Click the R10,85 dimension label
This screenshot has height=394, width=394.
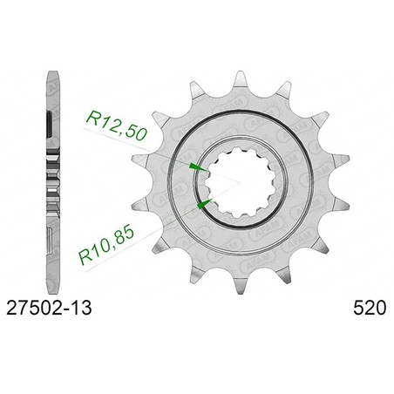tap(107, 246)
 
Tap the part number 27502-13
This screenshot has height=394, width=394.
tap(49, 309)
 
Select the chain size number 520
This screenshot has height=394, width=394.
tap(370, 309)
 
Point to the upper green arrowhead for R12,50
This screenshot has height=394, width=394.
tap(198, 167)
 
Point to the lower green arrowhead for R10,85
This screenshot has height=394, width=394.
tap(205, 204)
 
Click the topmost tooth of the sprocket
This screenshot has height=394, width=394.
tap(240, 79)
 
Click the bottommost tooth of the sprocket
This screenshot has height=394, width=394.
tap(241, 287)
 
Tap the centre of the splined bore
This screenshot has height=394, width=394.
tap(241, 183)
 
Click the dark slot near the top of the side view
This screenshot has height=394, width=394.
tap(50, 124)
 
